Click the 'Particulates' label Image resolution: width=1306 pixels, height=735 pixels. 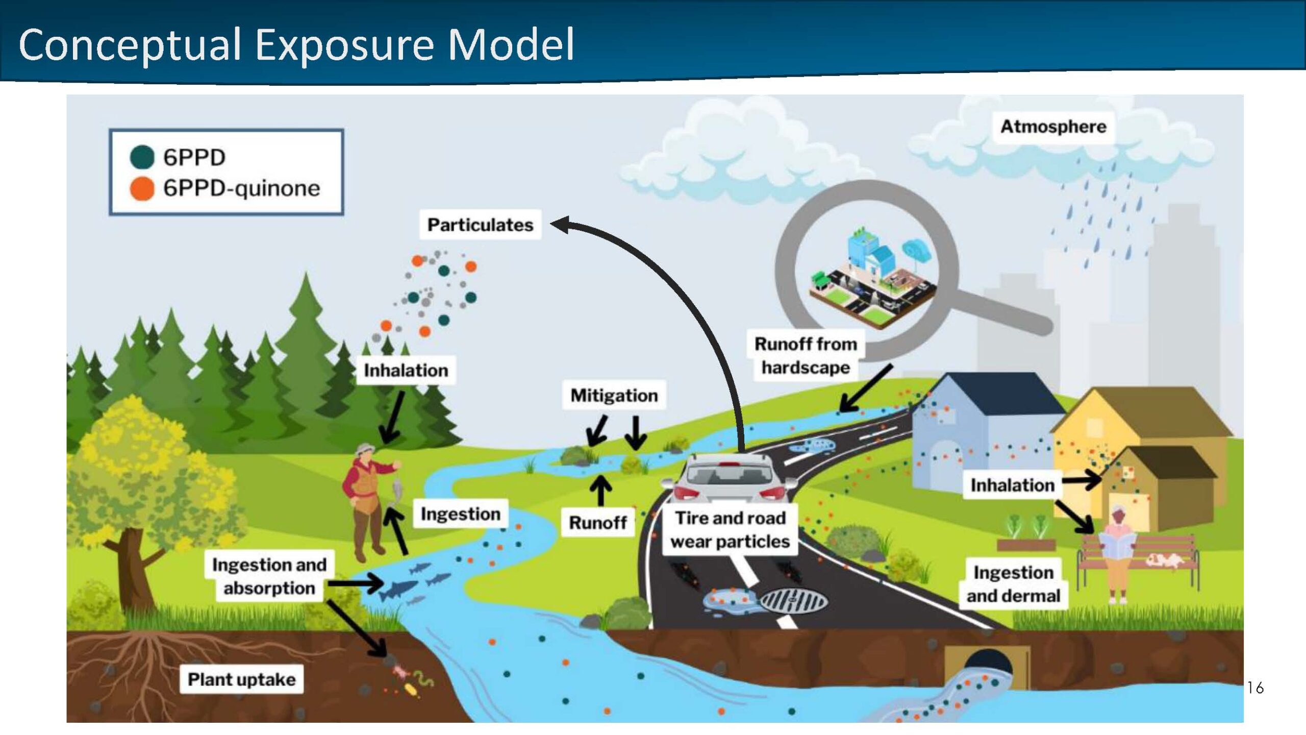tap(480, 225)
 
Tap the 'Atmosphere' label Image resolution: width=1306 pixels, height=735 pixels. tap(1053, 126)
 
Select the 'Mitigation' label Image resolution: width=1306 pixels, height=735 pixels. tap(614, 395)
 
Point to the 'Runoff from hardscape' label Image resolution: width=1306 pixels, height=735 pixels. tap(806, 355)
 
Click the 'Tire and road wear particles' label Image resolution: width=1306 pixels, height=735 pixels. tap(730, 529)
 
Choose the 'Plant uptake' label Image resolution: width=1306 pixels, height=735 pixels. tap(242, 679)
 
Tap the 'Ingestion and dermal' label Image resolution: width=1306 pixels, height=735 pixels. tap(1013, 584)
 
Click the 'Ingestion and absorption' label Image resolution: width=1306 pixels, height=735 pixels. tap(269, 576)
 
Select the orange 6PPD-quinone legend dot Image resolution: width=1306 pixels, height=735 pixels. tap(142, 188)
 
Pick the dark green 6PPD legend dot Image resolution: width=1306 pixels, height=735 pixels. tap(142, 157)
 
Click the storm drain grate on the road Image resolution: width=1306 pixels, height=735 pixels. tap(793, 601)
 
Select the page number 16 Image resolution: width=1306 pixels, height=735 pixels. tap(1255, 688)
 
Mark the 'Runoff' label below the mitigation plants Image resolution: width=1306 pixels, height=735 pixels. tap(598, 522)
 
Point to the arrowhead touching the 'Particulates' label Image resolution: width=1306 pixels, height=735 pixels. tap(560, 224)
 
